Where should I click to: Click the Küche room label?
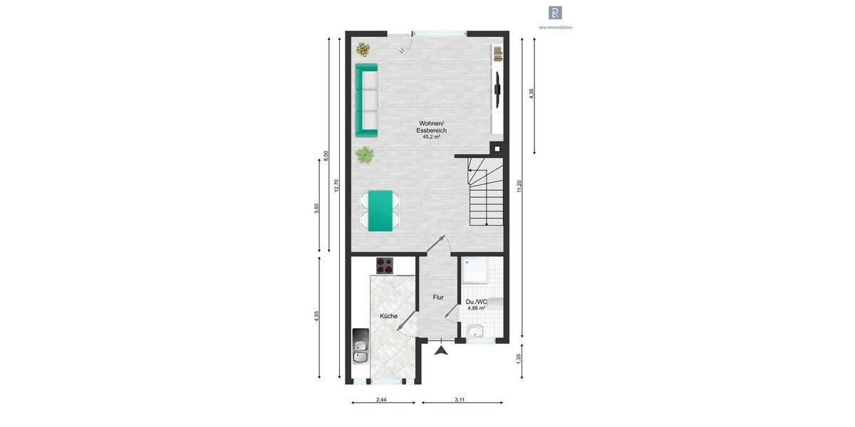(x=388, y=316)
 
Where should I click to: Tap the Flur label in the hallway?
(x=438, y=297)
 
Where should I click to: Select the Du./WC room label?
(x=477, y=302)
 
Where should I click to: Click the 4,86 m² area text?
(x=477, y=309)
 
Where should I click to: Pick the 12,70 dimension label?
(x=337, y=185)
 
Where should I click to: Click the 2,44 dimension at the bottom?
(x=381, y=401)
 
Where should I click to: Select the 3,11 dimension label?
(x=460, y=401)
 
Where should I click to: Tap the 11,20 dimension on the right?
(x=521, y=186)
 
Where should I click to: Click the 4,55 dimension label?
(x=317, y=315)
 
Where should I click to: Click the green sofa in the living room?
(x=366, y=100)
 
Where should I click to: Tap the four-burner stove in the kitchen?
(x=385, y=265)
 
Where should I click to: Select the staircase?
(x=484, y=192)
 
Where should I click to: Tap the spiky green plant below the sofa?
(x=366, y=154)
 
